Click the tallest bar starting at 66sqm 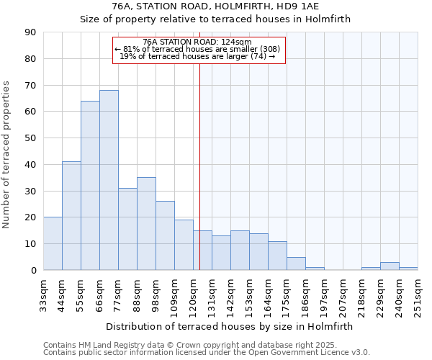click(109, 180)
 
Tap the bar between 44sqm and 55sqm click(71, 216)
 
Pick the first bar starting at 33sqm click(53, 243)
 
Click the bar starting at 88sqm click(146, 224)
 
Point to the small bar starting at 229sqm click(390, 266)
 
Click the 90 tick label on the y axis click(31, 32)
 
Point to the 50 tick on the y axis click(31, 138)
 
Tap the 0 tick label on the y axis click(34, 271)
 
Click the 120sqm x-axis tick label click(193, 292)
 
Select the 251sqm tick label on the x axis click(418, 292)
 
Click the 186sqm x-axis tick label click(305, 292)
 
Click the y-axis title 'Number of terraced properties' click(7, 155)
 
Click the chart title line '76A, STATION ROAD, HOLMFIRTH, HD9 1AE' click(215, 6)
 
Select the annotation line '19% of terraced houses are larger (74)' click(197, 56)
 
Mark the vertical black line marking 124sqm click(199, 166)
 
